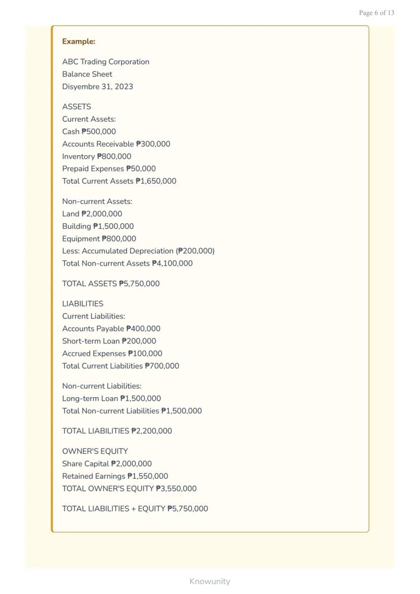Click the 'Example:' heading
79,42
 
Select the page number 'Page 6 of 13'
376,13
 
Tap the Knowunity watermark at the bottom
209,581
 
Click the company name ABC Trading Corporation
106,62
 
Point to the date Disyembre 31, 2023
97,87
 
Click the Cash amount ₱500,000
98,132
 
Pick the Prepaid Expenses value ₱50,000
141,169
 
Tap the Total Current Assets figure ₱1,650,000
156,181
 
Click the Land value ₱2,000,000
101,214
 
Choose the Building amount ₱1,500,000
114,226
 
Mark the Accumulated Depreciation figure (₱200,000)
195,251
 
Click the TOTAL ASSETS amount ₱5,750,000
139,284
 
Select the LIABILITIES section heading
83,304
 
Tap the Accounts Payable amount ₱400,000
143,329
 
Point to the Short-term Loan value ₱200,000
139,341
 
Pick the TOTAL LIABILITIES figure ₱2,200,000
152,431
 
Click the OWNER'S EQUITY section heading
95,451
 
